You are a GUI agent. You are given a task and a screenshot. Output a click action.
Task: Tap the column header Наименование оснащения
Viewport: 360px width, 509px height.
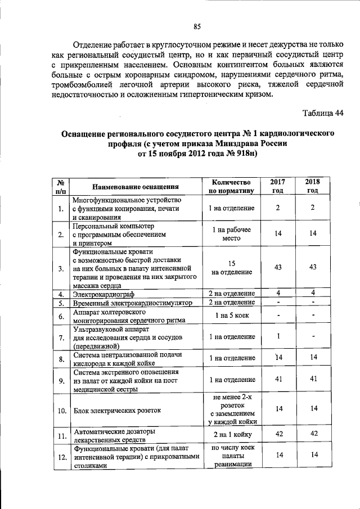(x=136, y=187)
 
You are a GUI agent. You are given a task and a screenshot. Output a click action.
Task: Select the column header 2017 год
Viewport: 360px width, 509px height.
(x=277, y=186)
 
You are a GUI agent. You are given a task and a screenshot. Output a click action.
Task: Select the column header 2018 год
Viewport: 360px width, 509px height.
(x=312, y=186)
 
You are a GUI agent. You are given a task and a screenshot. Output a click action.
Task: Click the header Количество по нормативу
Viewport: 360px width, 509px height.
(x=232, y=186)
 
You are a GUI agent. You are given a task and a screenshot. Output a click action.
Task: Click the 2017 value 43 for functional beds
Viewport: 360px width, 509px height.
(x=277, y=268)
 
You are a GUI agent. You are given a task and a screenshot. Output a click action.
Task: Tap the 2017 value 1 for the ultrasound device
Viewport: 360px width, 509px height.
(x=277, y=336)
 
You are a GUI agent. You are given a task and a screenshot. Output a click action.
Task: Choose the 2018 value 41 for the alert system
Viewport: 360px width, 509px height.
(x=312, y=380)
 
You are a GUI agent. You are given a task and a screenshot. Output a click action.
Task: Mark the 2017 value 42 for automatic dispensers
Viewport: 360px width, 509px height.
(x=277, y=434)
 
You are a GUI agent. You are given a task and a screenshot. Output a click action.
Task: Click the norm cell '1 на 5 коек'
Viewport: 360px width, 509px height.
(x=232, y=317)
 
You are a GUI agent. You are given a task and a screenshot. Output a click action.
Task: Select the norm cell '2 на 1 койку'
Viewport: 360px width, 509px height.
(x=232, y=434)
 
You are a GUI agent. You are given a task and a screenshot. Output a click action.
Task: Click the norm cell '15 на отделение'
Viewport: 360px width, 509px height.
(x=232, y=268)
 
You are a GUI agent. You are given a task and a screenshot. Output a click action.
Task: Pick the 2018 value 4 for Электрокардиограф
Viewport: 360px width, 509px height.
(x=312, y=293)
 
